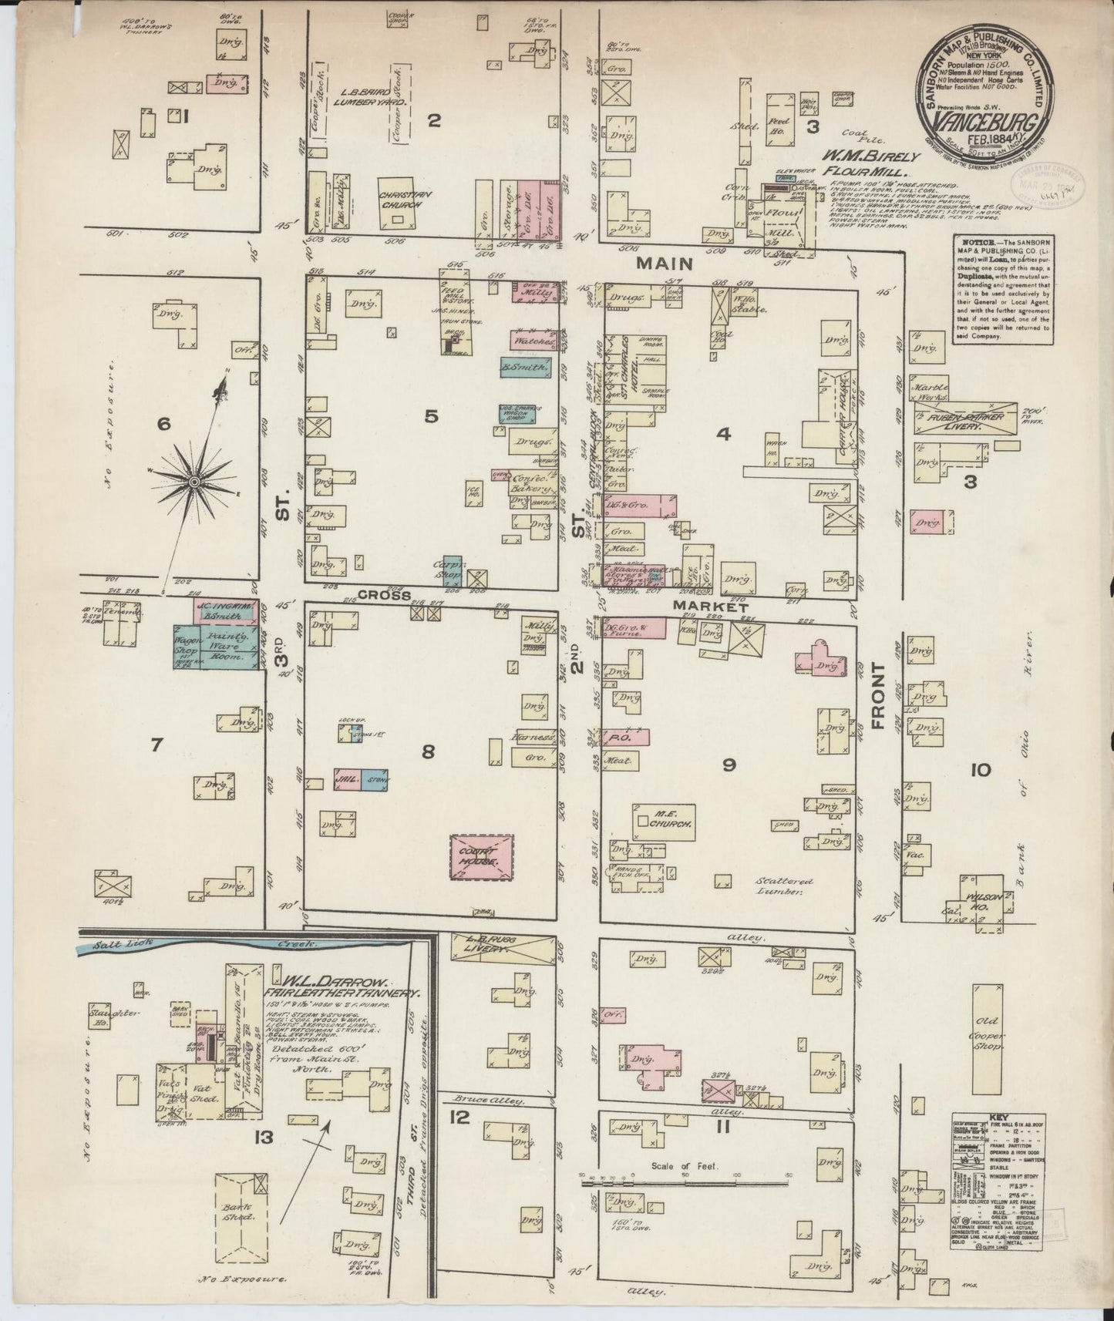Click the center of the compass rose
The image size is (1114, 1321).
tap(194, 481)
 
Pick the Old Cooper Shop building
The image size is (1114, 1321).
tap(988, 1033)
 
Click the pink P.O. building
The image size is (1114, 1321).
tap(625, 738)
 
